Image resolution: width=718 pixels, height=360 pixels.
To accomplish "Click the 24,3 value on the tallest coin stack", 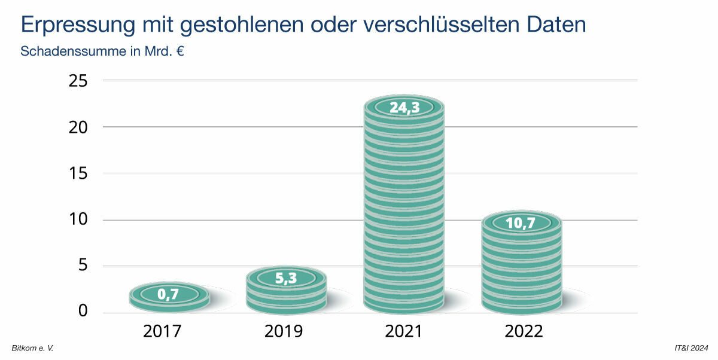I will (404, 108).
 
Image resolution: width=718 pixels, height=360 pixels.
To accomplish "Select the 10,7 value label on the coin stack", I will (521, 224).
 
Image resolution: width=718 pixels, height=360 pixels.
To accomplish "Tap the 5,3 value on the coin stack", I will (286, 278).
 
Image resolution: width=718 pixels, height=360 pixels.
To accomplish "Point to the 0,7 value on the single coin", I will (169, 294).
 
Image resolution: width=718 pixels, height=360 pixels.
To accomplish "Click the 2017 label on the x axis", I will (163, 331).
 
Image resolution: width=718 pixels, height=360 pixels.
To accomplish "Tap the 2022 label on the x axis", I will (522, 331).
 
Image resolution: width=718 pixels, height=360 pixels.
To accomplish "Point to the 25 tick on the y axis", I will (79, 81).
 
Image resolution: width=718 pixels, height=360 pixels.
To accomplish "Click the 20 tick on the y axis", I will (79, 127).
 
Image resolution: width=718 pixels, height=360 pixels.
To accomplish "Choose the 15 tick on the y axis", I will (79, 173).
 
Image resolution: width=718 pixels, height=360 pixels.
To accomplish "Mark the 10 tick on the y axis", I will (79, 219).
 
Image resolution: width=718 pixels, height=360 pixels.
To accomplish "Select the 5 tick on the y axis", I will (83, 266).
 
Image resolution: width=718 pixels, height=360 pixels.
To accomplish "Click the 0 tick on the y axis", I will (83, 311).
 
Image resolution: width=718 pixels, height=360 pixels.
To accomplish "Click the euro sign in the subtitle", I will (179, 51).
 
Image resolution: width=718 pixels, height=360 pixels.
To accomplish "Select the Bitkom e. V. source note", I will (32, 347).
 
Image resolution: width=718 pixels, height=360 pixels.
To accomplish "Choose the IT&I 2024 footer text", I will (690, 347).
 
